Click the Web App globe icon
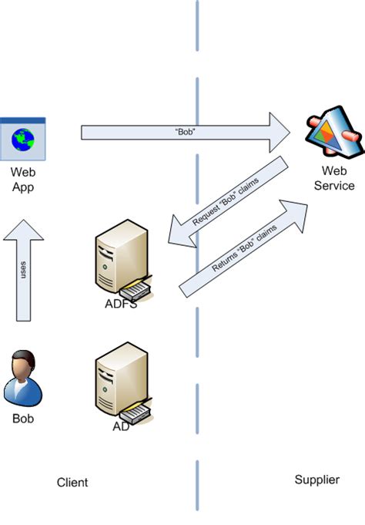click(x=23, y=137)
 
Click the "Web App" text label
click(x=23, y=179)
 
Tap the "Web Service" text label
click(x=338, y=178)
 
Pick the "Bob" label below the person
click(x=23, y=419)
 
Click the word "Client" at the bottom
click(x=72, y=483)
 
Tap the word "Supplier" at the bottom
click(x=316, y=480)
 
